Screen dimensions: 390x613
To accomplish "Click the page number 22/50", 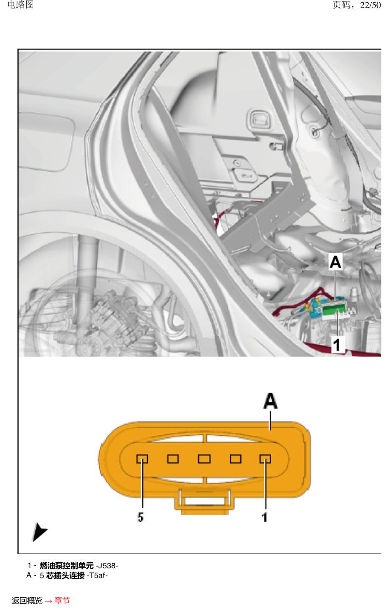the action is click(x=370, y=5).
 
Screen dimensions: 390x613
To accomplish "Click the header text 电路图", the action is click(x=20, y=5).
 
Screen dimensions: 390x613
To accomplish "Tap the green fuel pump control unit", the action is click(x=333, y=311).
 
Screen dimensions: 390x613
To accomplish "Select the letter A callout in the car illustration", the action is click(x=335, y=261).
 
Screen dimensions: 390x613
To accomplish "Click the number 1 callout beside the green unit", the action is click(x=336, y=344).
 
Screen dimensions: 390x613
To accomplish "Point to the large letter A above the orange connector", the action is click(x=270, y=401).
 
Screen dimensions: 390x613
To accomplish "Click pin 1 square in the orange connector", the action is click(x=265, y=459).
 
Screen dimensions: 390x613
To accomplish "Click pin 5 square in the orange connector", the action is click(x=142, y=459).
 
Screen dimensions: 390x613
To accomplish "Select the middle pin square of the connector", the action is click(x=204, y=459).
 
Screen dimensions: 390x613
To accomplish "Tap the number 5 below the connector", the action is click(x=140, y=517).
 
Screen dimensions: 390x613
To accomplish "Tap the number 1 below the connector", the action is click(x=264, y=517).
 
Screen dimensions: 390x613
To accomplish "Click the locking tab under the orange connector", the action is click(x=205, y=501).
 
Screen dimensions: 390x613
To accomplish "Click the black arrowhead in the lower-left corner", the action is click(x=39, y=532).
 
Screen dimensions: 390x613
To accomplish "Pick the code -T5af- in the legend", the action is click(x=97, y=575).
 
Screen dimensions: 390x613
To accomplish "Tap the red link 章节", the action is click(x=62, y=601).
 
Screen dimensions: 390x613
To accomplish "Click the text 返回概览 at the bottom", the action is click(x=27, y=601).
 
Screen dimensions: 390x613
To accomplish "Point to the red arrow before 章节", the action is click(x=49, y=601).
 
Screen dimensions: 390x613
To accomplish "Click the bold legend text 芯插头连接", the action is click(x=65, y=575).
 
